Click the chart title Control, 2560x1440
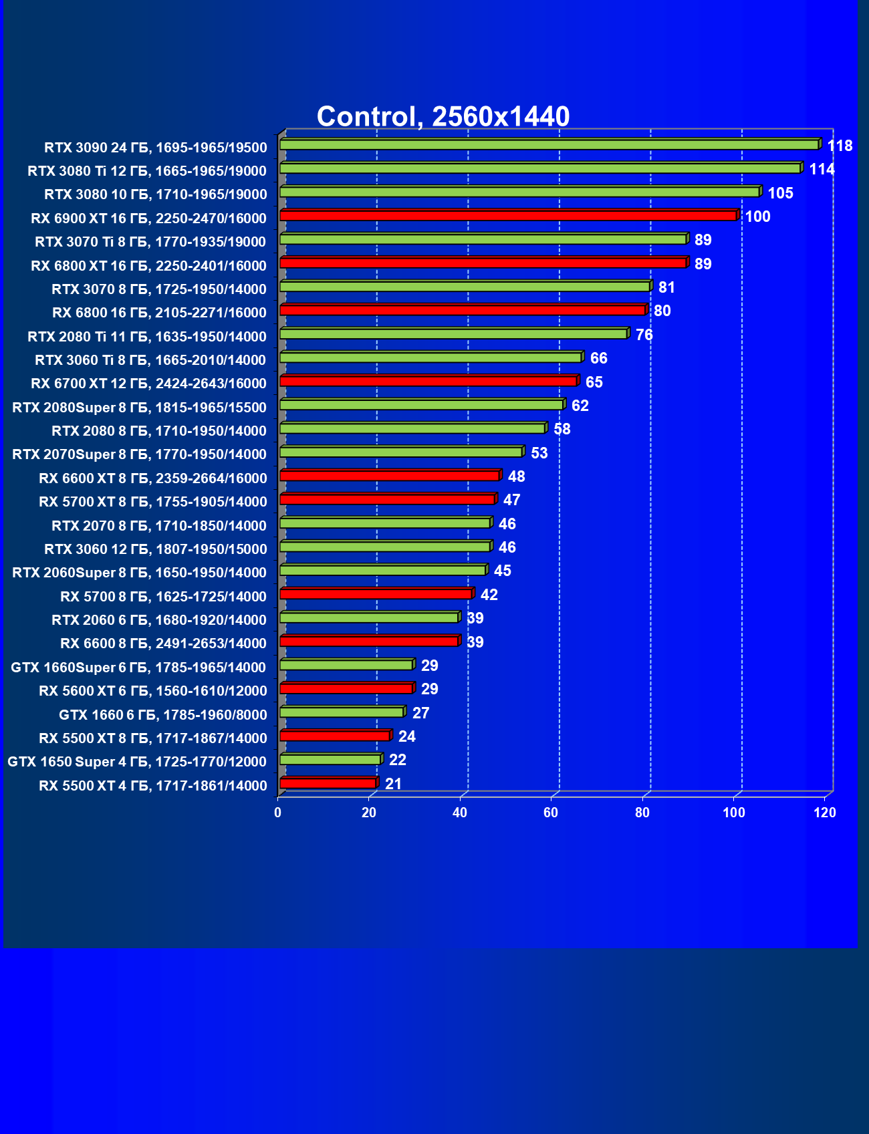pyautogui.click(x=443, y=116)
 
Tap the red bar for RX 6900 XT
pyautogui.click(x=508, y=215)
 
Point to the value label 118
pyautogui.click(x=840, y=146)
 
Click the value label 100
pyautogui.click(x=757, y=217)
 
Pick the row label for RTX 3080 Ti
pyautogui.click(x=147, y=171)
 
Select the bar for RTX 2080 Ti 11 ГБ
pyautogui.click(x=453, y=333)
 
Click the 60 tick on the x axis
pyautogui.click(x=551, y=813)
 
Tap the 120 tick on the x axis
pyautogui.click(x=825, y=813)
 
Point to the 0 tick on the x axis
pyautogui.click(x=278, y=813)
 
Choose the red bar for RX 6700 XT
pyautogui.click(x=428, y=381)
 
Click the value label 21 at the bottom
pyautogui.click(x=393, y=784)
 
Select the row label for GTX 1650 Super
pyautogui.click(x=137, y=762)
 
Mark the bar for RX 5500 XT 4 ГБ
pyautogui.click(x=328, y=783)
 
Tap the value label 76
pyautogui.click(x=644, y=335)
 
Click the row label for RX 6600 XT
pyautogui.click(x=152, y=478)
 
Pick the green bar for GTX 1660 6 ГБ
pyautogui.click(x=342, y=712)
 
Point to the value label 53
pyautogui.click(x=539, y=453)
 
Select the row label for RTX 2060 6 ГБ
pyautogui.click(x=159, y=620)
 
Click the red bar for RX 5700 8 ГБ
pyautogui.click(x=376, y=593)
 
